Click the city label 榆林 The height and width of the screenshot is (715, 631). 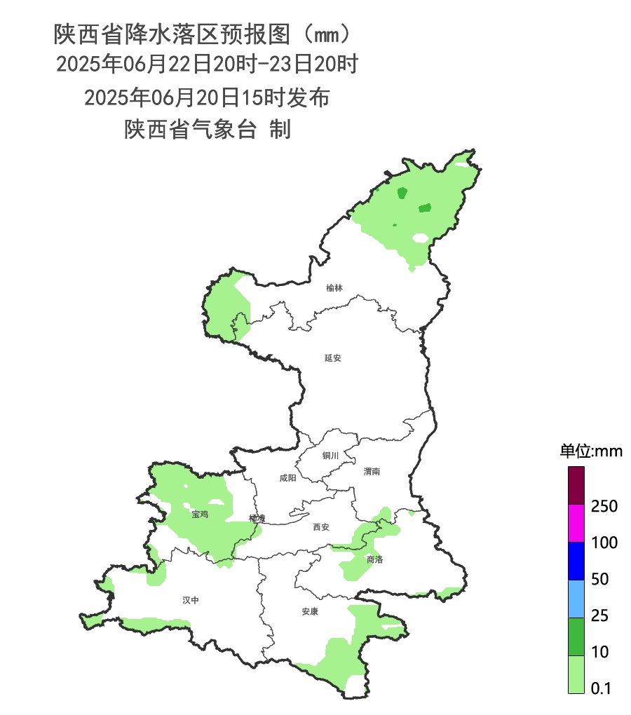(334, 288)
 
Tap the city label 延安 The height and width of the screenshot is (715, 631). (332, 357)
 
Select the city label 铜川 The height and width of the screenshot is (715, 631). (330, 456)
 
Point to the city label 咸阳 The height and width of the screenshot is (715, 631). (287, 478)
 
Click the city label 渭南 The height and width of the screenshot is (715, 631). (372, 472)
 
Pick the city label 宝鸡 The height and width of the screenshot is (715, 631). (200, 515)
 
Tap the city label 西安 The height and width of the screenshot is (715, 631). (320, 527)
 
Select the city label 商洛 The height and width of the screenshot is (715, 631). (374, 559)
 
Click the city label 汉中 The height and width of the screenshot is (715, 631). (191, 600)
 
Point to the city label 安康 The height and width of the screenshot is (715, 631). (310, 611)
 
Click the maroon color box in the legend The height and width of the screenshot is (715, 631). (576, 485)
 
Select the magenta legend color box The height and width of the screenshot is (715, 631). (576, 524)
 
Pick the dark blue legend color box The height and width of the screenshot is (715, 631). (576, 561)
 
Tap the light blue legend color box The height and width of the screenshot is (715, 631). (576, 599)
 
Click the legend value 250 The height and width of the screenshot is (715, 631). (604, 506)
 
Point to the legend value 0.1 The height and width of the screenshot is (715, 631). (601, 689)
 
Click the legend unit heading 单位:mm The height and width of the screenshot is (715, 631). (590, 451)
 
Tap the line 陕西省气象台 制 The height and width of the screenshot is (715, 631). (208, 130)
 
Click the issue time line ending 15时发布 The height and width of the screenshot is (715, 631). (207, 97)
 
